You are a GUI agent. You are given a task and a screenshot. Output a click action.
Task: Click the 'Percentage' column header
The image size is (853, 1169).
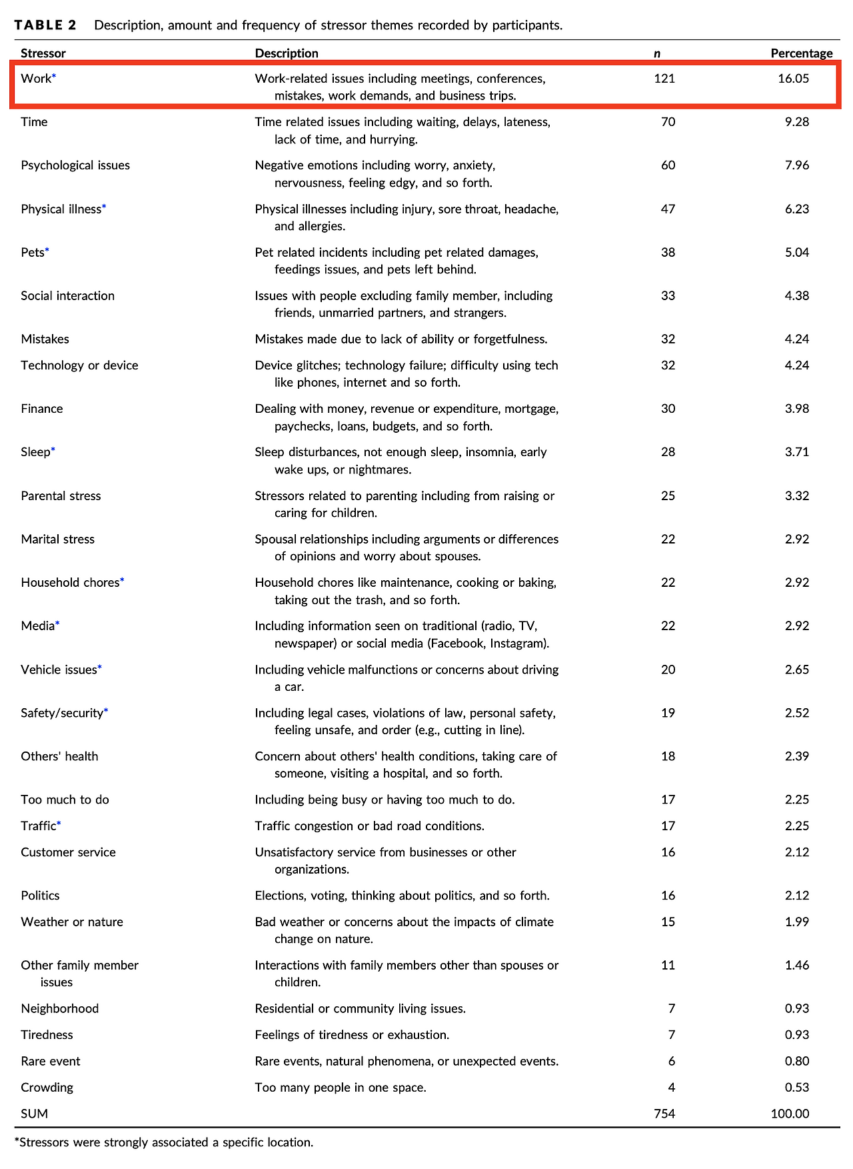click(801, 53)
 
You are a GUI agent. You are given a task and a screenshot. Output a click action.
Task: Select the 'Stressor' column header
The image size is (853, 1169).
click(43, 53)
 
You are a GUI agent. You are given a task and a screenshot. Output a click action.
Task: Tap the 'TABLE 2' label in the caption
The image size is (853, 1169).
click(45, 25)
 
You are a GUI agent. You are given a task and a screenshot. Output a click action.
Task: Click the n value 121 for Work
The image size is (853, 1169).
click(664, 79)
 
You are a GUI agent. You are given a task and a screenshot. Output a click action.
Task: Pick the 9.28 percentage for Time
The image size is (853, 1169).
click(797, 122)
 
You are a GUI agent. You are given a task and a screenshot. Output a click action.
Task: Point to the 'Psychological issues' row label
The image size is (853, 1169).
click(75, 165)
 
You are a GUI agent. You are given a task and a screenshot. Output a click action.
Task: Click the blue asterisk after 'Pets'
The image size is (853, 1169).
click(47, 251)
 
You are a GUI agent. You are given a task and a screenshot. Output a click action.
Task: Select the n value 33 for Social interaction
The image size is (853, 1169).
click(668, 296)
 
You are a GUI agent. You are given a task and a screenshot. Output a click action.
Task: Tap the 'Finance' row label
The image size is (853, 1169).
click(42, 409)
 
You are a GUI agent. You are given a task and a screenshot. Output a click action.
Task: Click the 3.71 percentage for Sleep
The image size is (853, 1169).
click(797, 452)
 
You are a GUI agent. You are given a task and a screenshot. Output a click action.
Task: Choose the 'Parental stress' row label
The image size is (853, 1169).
click(61, 496)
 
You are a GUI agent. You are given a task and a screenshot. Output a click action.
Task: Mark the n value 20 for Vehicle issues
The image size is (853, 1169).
click(668, 670)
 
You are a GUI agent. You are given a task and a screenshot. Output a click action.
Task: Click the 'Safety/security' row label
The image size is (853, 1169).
click(62, 713)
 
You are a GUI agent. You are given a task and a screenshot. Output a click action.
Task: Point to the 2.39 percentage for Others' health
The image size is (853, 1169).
click(797, 756)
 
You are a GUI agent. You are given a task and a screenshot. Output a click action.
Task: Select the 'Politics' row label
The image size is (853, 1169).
click(40, 896)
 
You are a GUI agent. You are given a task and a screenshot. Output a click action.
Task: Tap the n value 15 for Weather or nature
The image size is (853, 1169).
click(668, 922)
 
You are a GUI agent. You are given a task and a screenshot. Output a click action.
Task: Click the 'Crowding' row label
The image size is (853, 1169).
click(47, 1088)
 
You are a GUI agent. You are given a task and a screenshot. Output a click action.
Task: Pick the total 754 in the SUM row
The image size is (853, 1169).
click(664, 1114)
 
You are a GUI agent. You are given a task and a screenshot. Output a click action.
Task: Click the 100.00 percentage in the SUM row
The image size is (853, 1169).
click(790, 1114)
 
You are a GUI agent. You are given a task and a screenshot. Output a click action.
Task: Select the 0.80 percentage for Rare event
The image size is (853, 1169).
click(797, 1061)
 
